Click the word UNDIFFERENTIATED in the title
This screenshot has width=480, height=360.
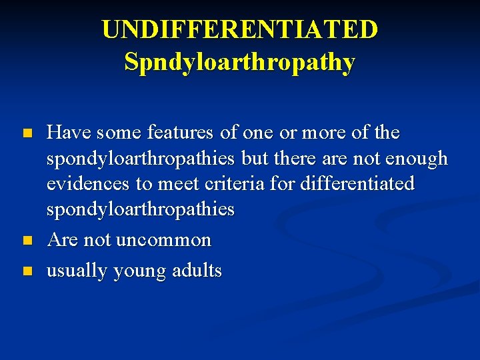pyautogui.click(x=240, y=29)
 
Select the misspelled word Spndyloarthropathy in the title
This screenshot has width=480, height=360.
pyautogui.click(x=240, y=62)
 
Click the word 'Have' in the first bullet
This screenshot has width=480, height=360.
pyautogui.click(x=69, y=133)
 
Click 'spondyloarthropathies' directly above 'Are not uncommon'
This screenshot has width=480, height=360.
pyautogui.click(x=140, y=209)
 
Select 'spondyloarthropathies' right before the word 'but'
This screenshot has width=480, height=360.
pyautogui.click(x=140, y=159)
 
